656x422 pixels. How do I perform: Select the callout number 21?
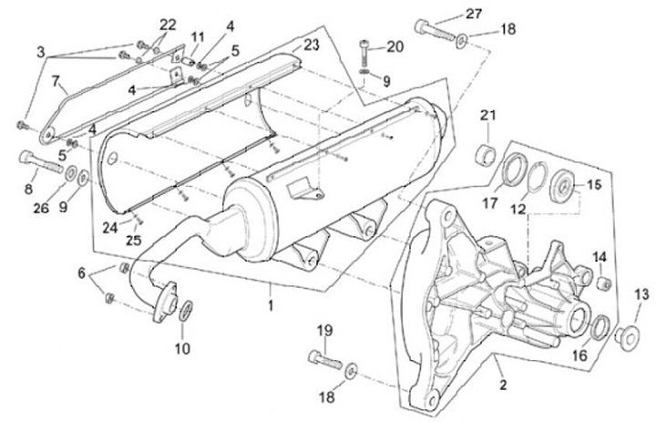pyautogui.click(x=487, y=115)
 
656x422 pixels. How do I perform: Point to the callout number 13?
pyautogui.click(x=641, y=293)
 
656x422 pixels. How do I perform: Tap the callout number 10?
pyautogui.click(x=182, y=346)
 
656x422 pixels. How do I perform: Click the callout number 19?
pyautogui.click(x=323, y=328)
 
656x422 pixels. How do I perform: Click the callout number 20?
pyautogui.click(x=394, y=46)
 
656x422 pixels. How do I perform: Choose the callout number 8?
pyautogui.click(x=27, y=189)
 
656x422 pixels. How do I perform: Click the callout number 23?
pyautogui.click(x=312, y=44)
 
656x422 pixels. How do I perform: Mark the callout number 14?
pyautogui.click(x=599, y=258)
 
